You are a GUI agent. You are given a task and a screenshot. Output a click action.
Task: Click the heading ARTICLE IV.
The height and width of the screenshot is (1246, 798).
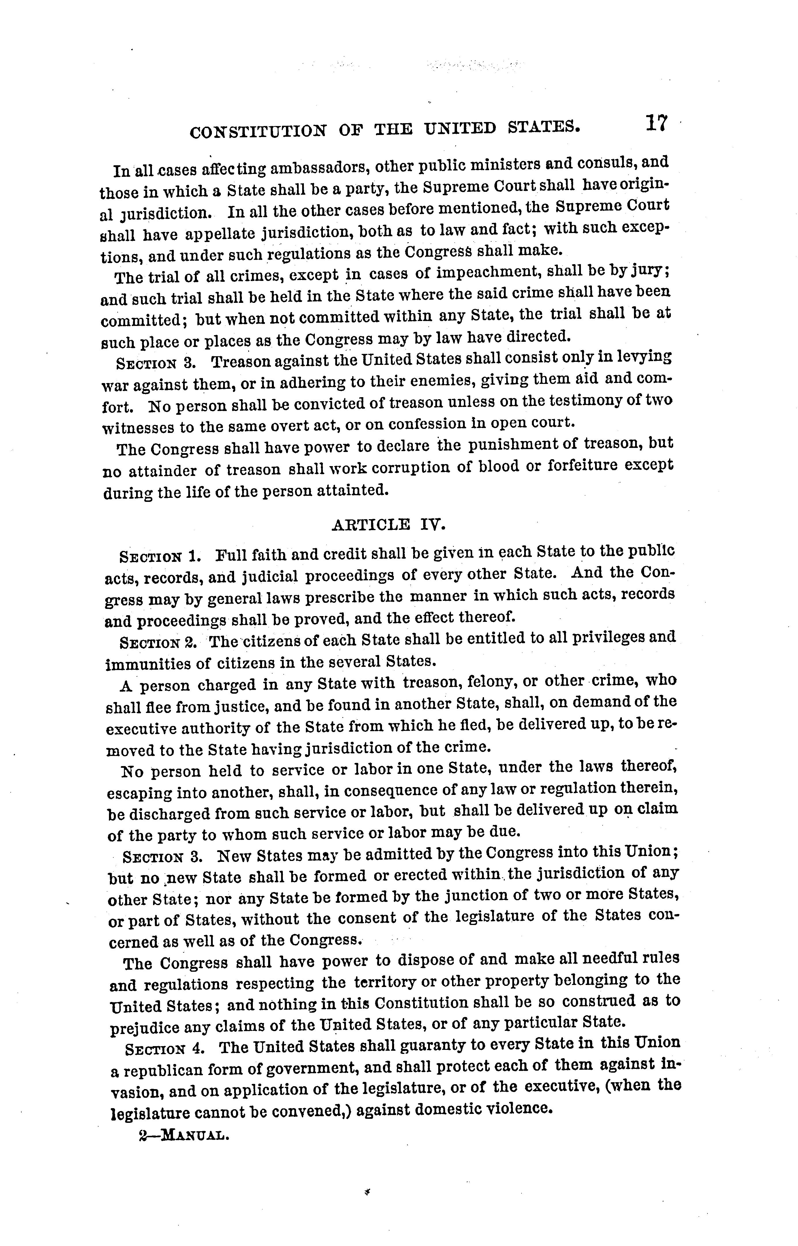[x=388, y=525]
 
